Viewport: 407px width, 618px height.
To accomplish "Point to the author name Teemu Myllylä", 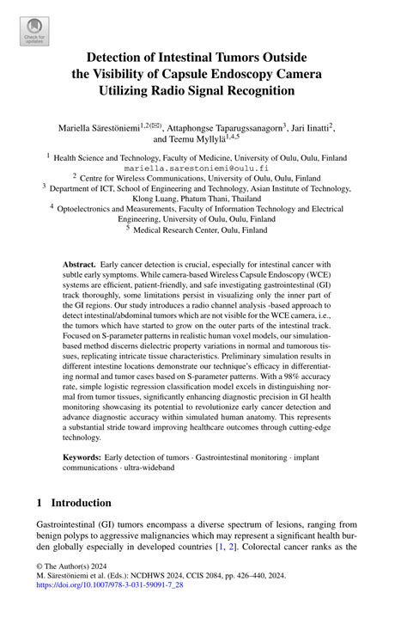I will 209,139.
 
